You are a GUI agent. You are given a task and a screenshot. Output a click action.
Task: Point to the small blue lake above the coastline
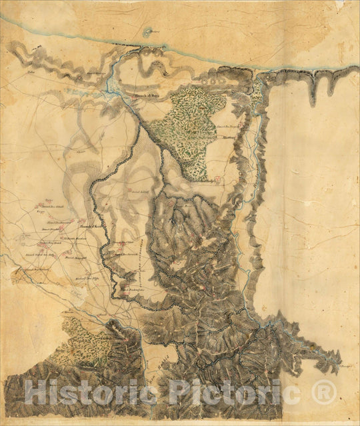pyautogui.click(x=146, y=31)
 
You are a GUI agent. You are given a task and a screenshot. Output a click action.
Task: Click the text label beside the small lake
pyautogui.click(x=155, y=31)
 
